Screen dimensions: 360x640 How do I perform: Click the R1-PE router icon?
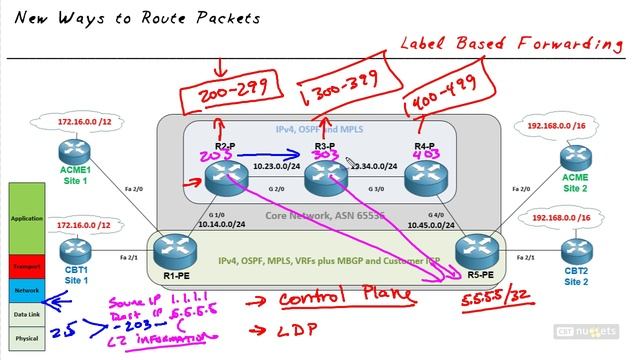177,251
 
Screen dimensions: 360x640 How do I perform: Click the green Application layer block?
26,218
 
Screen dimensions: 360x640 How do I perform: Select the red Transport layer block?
26,266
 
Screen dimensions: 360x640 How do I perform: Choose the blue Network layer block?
26,288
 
